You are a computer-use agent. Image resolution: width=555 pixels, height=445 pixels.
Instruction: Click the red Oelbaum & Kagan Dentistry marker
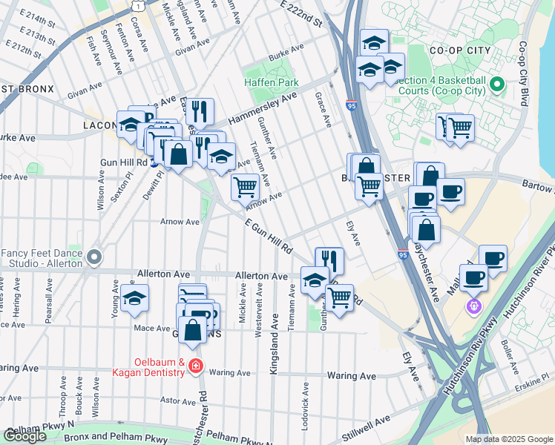(x=195, y=366)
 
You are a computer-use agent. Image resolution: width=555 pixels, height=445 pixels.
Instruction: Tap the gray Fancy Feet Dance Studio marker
(x=93, y=257)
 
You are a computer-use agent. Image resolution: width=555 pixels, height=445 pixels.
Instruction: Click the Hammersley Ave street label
(x=263, y=108)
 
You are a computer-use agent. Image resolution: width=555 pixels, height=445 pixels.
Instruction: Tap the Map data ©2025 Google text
(x=508, y=439)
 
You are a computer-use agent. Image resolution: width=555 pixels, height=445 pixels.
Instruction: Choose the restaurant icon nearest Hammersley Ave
(x=200, y=111)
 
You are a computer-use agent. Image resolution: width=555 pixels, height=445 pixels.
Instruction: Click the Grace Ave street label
(x=324, y=105)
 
